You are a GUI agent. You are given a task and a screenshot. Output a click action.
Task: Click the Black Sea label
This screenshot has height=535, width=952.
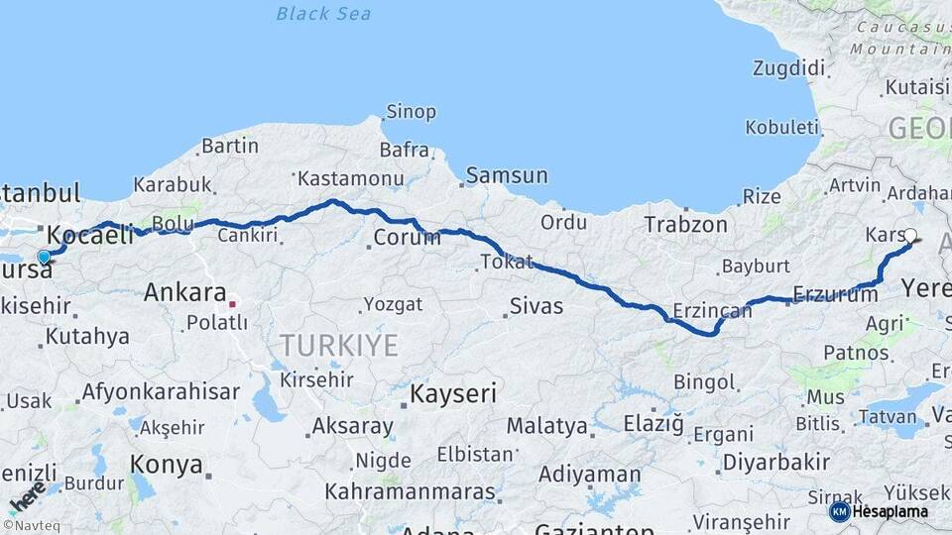click(x=323, y=14)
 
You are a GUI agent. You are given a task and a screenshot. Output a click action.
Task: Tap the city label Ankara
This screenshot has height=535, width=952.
click(x=184, y=292)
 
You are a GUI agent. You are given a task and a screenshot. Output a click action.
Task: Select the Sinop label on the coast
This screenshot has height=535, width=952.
click(x=411, y=112)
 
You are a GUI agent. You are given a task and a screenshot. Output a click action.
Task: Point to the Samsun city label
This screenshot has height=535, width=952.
click(x=506, y=175)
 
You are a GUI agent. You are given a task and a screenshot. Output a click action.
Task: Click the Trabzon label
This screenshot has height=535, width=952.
click(x=685, y=225)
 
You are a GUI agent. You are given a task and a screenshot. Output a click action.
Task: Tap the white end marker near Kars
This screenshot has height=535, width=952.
click(x=910, y=236)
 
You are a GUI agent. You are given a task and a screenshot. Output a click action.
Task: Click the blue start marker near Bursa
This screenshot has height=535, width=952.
click(x=44, y=258)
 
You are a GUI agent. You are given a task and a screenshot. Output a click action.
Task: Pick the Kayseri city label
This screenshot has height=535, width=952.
click(x=453, y=393)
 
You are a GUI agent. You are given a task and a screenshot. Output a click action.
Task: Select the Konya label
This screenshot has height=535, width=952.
click(x=167, y=464)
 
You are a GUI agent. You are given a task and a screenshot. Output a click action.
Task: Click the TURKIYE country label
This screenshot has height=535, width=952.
click(x=338, y=345)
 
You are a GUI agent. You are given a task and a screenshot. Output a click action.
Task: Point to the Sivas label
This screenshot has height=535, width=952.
click(x=535, y=306)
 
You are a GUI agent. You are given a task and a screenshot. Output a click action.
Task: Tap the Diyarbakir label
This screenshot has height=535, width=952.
click(x=775, y=462)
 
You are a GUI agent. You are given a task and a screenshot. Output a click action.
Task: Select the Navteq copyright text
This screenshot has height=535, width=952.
click(x=30, y=526)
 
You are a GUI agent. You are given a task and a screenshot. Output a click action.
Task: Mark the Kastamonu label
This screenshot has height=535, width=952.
click(x=350, y=179)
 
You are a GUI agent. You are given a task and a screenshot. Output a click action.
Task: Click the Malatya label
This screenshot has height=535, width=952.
click(x=546, y=426)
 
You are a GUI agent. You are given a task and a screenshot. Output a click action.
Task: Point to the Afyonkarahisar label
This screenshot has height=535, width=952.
click(x=160, y=391)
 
